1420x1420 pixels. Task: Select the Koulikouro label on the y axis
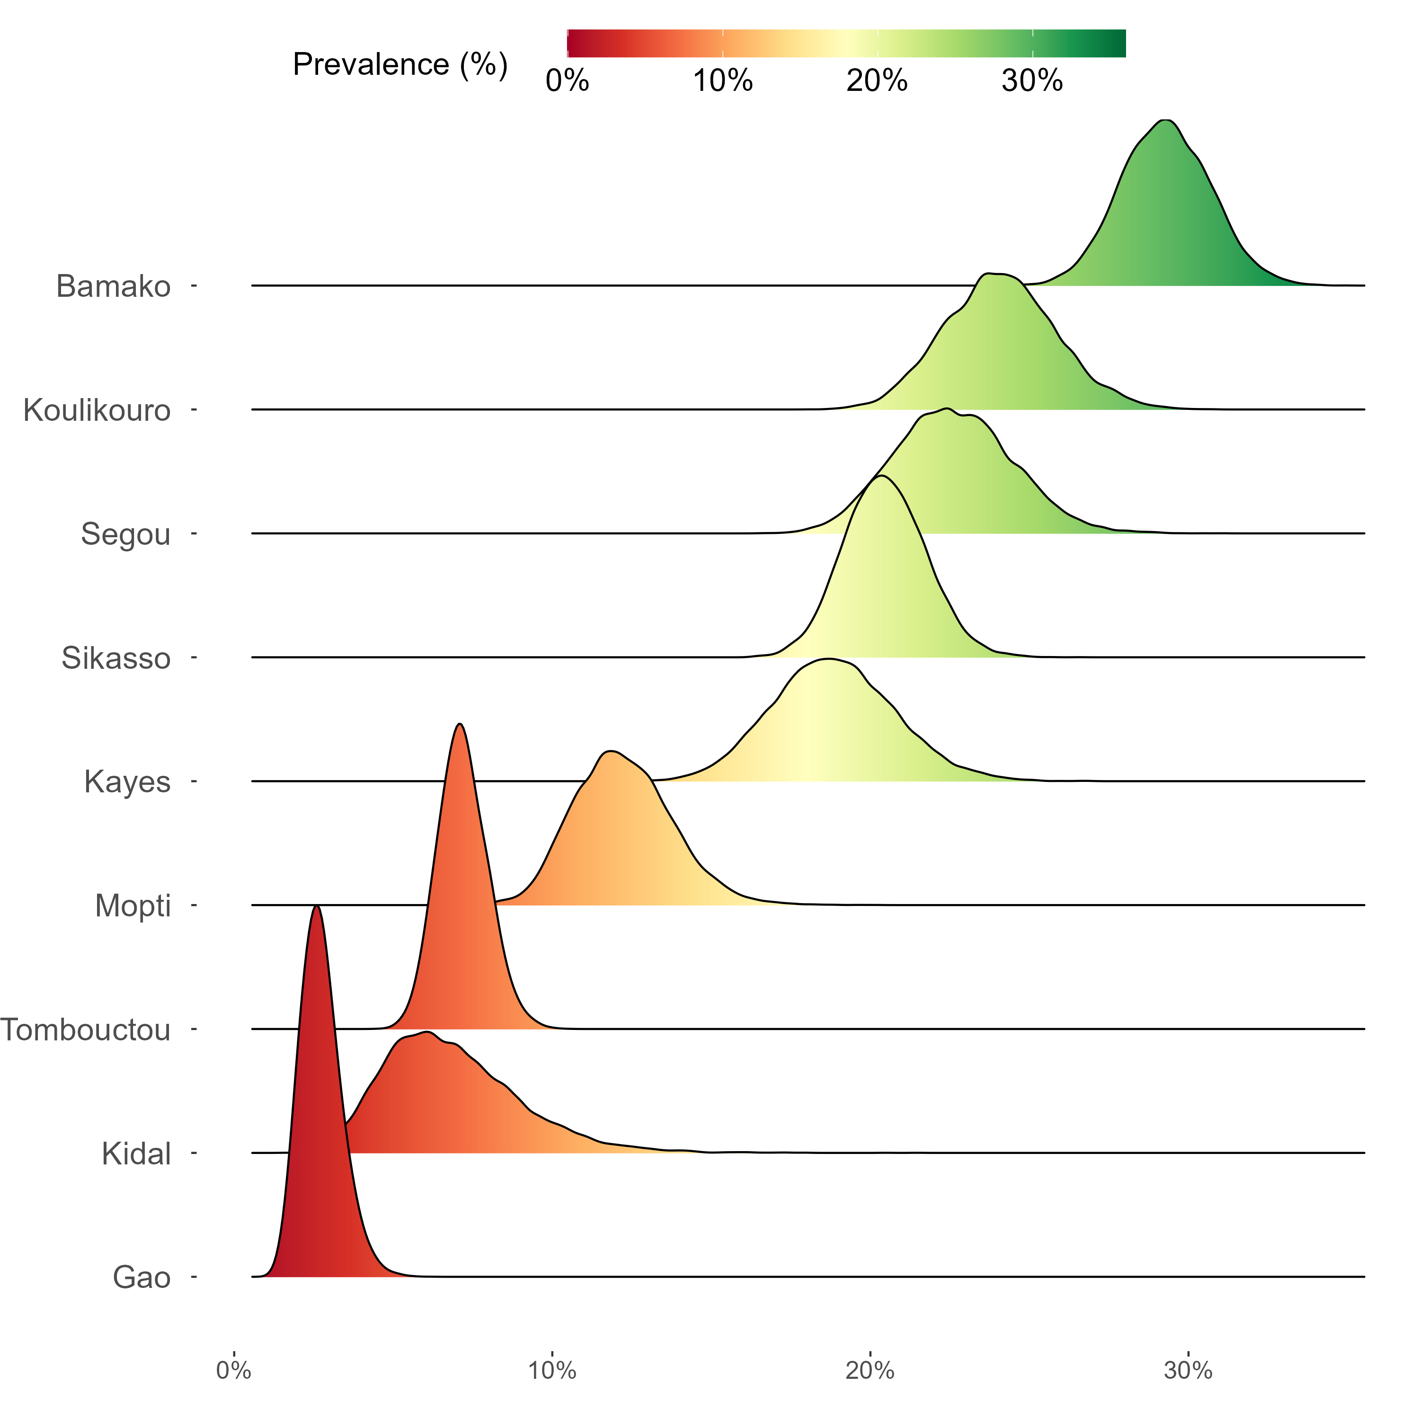click(x=97, y=410)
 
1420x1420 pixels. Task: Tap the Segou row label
click(x=126, y=534)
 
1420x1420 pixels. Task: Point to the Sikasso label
click(x=116, y=658)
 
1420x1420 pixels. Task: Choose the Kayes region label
click(x=127, y=782)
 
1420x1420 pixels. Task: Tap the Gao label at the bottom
click(x=142, y=1278)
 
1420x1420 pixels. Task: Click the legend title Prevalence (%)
click(x=400, y=65)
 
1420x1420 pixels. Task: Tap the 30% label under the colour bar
click(x=1032, y=81)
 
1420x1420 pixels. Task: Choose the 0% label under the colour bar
click(x=568, y=81)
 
